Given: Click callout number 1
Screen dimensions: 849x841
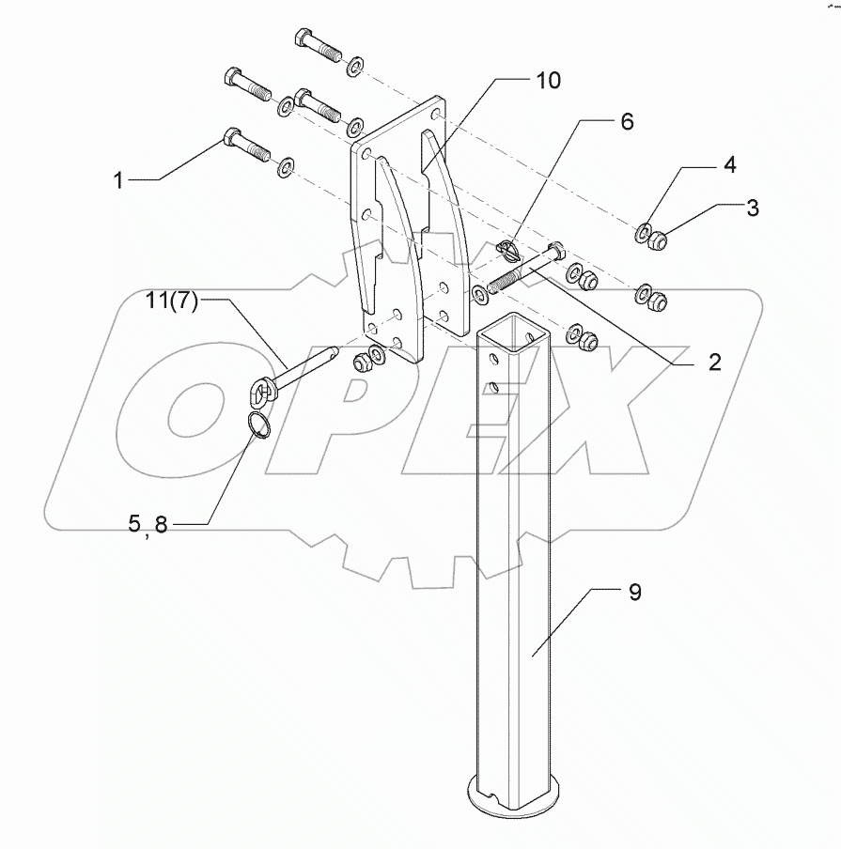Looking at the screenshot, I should (118, 179).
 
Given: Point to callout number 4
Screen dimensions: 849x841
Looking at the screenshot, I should (729, 165).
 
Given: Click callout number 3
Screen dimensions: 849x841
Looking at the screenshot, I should (753, 208).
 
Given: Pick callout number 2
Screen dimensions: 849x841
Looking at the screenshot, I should (714, 363).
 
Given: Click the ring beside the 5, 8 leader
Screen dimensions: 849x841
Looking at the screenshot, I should (259, 426).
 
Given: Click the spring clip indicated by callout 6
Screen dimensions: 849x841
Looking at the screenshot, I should (507, 252).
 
